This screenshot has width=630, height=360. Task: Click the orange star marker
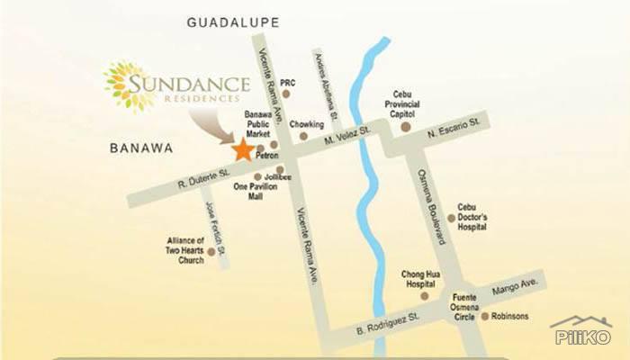tap(243, 150)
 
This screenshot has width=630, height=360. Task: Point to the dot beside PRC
tap(286, 93)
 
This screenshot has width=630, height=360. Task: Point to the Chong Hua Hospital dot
tap(425, 296)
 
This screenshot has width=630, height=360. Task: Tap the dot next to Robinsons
tap(484, 317)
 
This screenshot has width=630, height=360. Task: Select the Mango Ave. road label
tap(516, 287)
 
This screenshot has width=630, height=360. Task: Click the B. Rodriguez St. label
tap(388, 323)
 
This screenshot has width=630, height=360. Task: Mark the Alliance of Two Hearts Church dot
tap(211, 252)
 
